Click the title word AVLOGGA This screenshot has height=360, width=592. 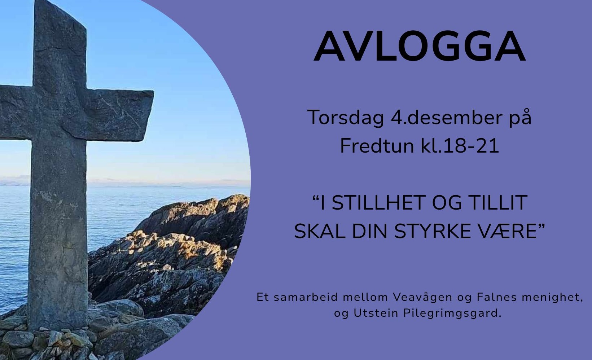coord(420,47)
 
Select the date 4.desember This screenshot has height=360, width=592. coord(447,117)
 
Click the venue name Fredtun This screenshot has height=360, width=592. coord(377,146)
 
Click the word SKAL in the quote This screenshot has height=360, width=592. coord(320,231)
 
